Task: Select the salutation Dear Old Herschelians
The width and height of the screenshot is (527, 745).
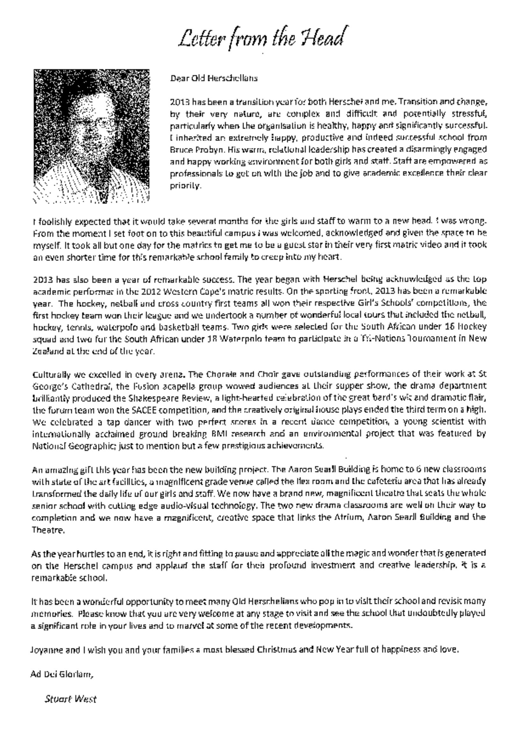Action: (x=214, y=78)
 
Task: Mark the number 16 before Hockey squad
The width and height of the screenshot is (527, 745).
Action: (x=448, y=326)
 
